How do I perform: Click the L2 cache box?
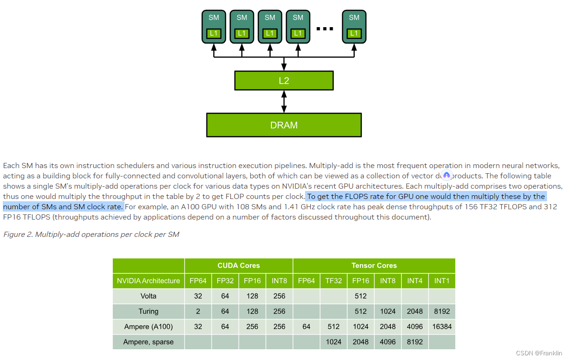pyautogui.click(x=284, y=81)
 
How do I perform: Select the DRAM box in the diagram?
pyautogui.click(x=284, y=125)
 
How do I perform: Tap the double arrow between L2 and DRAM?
pyautogui.click(x=284, y=102)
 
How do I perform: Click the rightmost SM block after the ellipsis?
pyautogui.click(x=354, y=27)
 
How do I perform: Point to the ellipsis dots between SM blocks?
pyautogui.click(x=325, y=29)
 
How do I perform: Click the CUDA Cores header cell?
pyautogui.click(x=239, y=265)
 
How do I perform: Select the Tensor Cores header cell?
pyautogui.click(x=374, y=265)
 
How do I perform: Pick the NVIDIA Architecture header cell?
pyautogui.click(x=148, y=281)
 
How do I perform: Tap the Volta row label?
pyautogui.click(x=148, y=296)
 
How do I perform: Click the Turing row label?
pyautogui.click(x=148, y=311)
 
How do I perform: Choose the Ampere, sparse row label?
pyautogui.click(x=148, y=342)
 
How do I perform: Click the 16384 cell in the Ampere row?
pyautogui.click(x=442, y=326)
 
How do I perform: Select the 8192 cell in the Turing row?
pyautogui.click(x=442, y=311)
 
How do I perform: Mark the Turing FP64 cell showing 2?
pyautogui.click(x=198, y=311)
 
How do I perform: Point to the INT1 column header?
pyautogui.click(x=442, y=281)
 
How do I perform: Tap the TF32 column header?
pyautogui.click(x=334, y=281)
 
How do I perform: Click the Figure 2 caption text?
pyautogui.click(x=91, y=234)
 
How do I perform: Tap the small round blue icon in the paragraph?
pyautogui.click(x=446, y=176)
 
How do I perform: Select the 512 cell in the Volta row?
pyautogui.click(x=361, y=296)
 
